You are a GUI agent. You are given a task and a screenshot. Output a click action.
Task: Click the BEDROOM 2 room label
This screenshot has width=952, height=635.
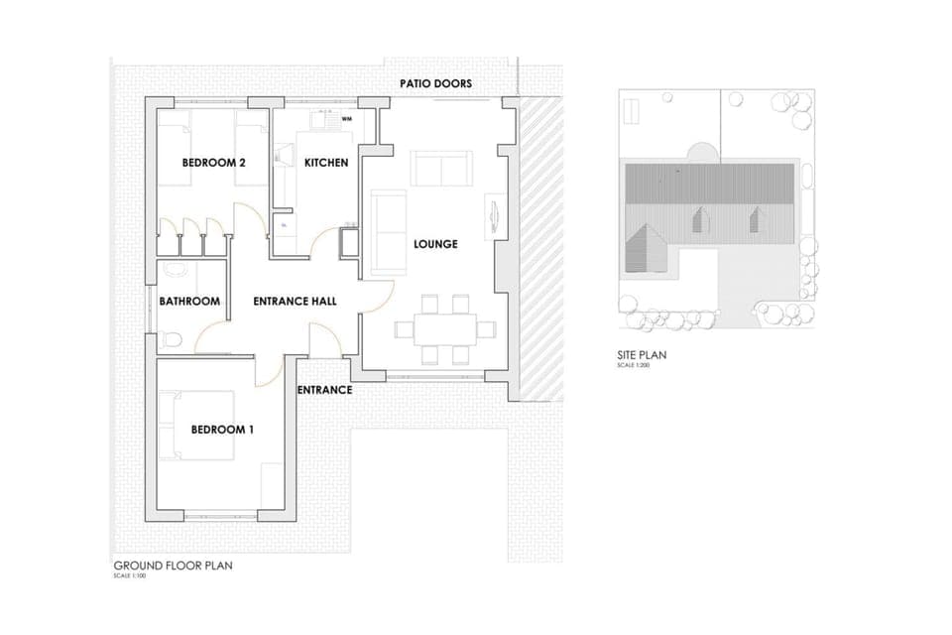(213, 163)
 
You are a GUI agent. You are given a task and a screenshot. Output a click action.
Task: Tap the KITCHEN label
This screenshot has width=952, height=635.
(326, 163)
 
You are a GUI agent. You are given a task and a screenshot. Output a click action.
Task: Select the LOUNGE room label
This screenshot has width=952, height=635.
(435, 244)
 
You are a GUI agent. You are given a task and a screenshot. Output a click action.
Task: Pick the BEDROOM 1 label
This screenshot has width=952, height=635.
(222, 430)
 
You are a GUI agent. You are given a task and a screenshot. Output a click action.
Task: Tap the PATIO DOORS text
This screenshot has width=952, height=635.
(436, 84)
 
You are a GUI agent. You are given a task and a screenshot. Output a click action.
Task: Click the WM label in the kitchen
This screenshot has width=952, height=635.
(347, 119)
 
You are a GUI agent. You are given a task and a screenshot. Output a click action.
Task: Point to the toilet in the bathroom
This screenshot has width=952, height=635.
(170, 338)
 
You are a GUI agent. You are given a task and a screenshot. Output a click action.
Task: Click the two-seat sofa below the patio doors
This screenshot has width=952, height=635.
(443, 169)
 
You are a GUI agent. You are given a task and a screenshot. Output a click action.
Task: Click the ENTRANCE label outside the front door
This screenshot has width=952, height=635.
(324, 390)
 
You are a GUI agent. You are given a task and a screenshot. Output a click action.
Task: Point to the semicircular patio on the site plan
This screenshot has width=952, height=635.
(700, 152)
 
